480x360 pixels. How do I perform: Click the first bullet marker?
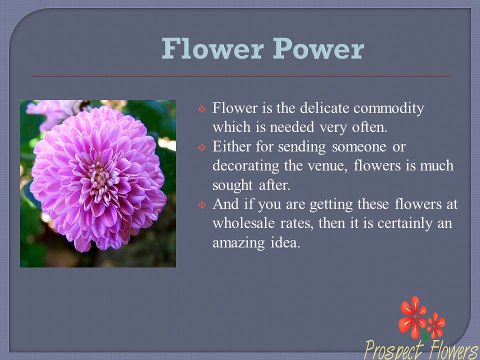(x=201, y=108)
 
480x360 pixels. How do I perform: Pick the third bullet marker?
(x=201, y=205)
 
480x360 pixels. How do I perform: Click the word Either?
(x=231, y=147)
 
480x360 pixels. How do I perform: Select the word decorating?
(x=247, y=166)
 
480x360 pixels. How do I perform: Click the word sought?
(x=233, y=185)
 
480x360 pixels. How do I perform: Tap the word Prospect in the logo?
(x=393, y=349)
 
